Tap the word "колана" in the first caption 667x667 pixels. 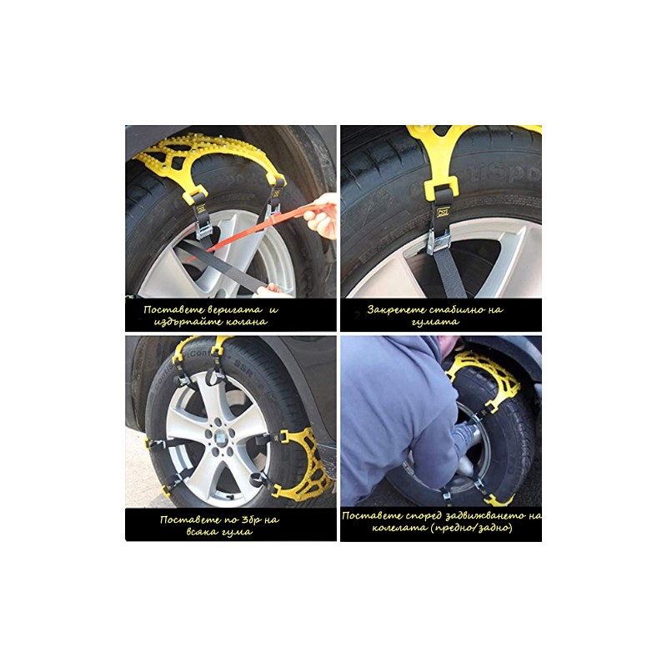pos(247,322)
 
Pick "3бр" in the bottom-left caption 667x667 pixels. pos(244,519)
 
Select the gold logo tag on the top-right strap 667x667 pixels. pos(444,213)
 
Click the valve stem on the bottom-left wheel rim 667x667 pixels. pos(230,496)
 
